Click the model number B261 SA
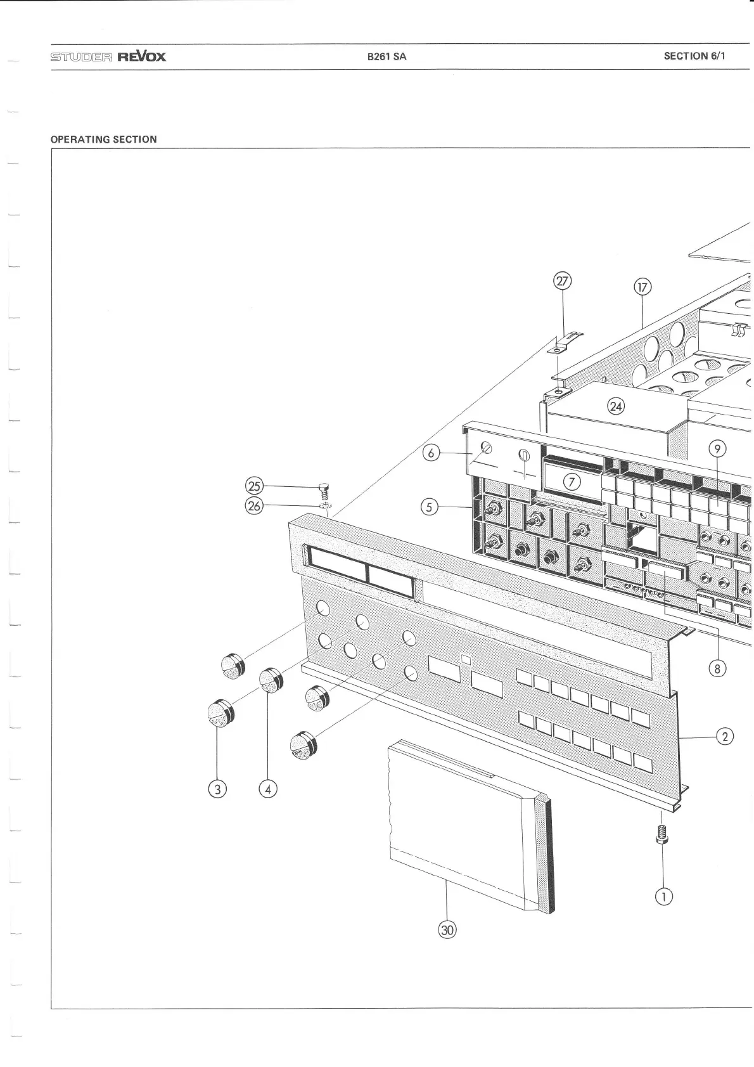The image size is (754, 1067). click(387, 56)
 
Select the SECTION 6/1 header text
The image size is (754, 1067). click(694, 56)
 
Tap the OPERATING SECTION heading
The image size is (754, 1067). click(103, 139)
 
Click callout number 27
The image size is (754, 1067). click(563, 281)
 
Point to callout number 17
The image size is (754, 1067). click(642, 287)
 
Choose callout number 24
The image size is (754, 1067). click(616, 406)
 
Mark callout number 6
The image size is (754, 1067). click(431, 453)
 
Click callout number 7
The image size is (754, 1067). click(572, 482)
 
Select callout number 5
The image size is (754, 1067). click(429, 507)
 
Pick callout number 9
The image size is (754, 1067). click(717, 449)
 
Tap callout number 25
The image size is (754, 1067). click(253, 486)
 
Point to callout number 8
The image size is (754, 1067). click(717, 668)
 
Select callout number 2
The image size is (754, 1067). click(725, 736)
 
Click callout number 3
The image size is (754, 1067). click(217, 789)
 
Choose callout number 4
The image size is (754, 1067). click(268, 789)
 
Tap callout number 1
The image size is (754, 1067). click(664, 896)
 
